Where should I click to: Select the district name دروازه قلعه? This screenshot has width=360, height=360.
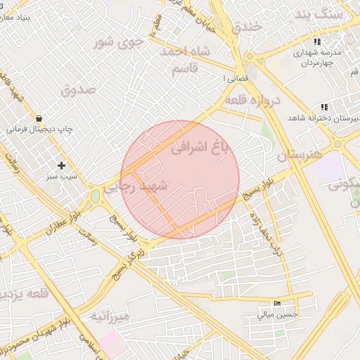254,101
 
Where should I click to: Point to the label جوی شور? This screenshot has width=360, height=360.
118,42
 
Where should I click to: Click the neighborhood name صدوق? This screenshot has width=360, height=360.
77,90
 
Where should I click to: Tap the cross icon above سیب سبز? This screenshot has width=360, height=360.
62,166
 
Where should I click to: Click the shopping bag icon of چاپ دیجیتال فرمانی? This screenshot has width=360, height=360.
37,118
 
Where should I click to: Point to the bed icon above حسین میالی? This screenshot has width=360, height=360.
276,304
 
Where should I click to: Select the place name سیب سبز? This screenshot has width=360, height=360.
62,178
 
